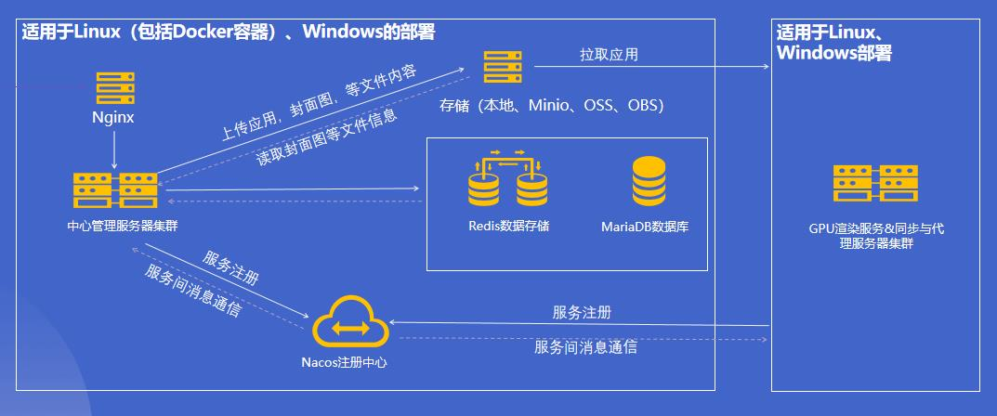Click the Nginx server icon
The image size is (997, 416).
pyautogui.click(x=115, y=87)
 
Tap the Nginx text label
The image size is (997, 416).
pyautogui.click(x=113, y=118)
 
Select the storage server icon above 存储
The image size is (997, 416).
pyautogui.click(x=503, y=68)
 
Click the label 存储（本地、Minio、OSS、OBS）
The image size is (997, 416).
pyautogui.click(x=551, y=106)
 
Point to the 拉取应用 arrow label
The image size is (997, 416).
pyautogui.click(x=609, y=55)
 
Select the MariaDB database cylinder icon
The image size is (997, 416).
pyautogui.click(x=649, y=181)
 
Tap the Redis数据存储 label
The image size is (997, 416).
pyautogui.click(x=508, y=226)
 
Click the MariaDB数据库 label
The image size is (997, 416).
pyautogui.click(x=645, y=227)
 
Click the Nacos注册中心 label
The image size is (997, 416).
pyautogui.click(x=344, y=363)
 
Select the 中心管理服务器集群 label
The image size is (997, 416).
pyautogui.click(x=122, y=226)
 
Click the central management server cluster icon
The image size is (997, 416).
pyautogui.click(x=115, y=190)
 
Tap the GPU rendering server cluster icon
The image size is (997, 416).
pyautogui.click(x=875, y=184)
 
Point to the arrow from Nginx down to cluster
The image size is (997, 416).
pyautogui.click(x=114, y=149)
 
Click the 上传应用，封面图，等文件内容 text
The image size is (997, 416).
pyautogui.click(x=319, y=102)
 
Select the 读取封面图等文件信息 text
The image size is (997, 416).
pyautogui.click(x=327, y=137)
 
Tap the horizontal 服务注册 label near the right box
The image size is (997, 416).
pyautogui.click(x=582, y=313)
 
